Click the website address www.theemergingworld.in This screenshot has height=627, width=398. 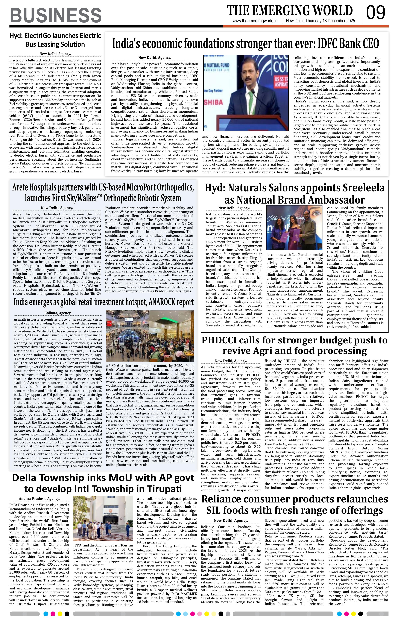(255, 21)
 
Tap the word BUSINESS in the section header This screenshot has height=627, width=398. (56, 15)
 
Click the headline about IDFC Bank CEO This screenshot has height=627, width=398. (245, 43)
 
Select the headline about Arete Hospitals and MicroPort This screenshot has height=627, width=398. (103, 193)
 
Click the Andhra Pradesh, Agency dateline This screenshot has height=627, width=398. (39, 499)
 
